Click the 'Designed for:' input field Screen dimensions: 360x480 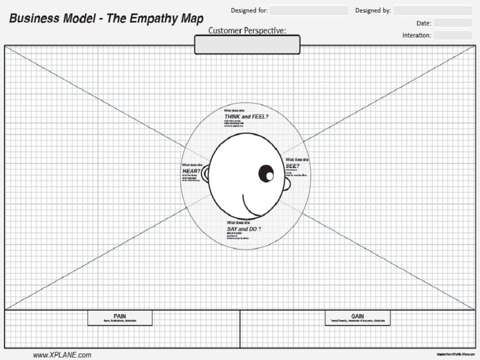click(309, 10)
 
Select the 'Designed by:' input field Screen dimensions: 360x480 click(432, 10)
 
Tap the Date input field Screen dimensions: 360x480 click(452, 23)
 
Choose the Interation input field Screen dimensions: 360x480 click(452, 35)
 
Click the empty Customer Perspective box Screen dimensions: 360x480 click(247, 44)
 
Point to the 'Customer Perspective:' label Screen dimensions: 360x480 click(247, 30)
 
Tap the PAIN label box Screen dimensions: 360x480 click(120, 318)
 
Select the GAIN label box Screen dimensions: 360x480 click(357, 318)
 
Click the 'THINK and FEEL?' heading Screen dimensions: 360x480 click(246, 116)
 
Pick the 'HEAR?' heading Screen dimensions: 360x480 click(191, 171)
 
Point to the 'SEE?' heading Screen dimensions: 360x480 click(292, 166)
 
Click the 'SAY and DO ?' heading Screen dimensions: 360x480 click(243, 228)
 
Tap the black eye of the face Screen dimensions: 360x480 click(266, 173)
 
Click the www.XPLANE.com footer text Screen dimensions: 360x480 click(62, 355)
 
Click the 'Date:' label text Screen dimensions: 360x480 click(423, 23)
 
